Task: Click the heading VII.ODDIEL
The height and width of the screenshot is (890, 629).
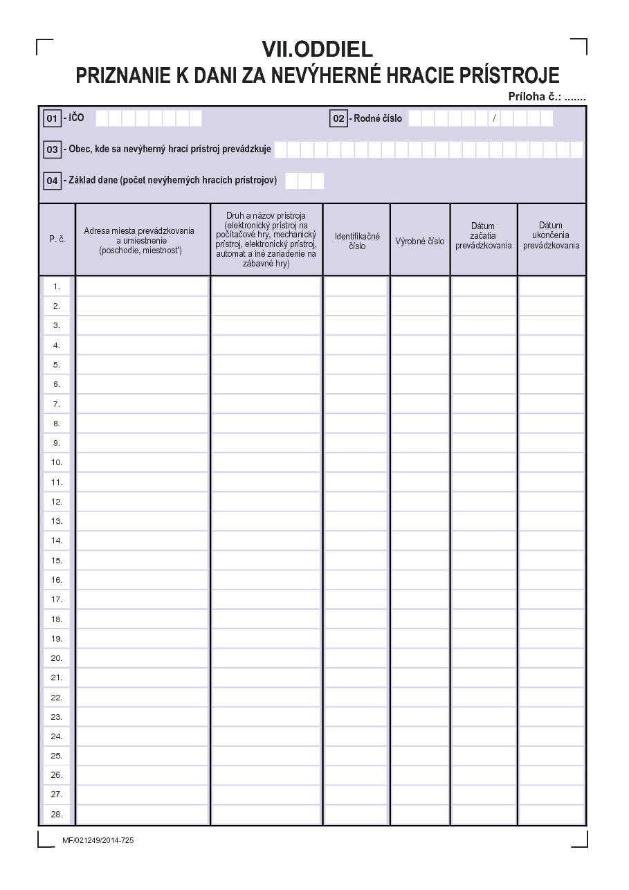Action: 317,48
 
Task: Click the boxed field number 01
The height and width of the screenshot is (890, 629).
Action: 52,118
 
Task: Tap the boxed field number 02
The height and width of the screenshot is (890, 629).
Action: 338,118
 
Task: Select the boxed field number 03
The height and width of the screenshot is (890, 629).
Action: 53,149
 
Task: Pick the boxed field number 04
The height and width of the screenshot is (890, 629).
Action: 53,181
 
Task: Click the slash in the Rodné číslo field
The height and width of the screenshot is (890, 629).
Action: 494,118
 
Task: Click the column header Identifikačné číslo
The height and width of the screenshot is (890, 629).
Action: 357,241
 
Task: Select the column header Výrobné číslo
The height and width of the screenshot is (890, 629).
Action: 420,242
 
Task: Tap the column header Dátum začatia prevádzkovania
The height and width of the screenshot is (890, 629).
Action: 483,235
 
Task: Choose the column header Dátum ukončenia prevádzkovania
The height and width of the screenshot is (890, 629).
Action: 551,235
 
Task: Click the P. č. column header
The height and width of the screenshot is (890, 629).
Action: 57,239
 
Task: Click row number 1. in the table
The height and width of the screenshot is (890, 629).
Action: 57,286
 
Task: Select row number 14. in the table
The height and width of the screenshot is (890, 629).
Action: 57,541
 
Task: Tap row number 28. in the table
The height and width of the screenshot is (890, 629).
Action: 57,814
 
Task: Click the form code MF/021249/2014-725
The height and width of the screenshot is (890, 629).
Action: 98,840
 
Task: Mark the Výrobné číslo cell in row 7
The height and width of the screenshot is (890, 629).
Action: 420,403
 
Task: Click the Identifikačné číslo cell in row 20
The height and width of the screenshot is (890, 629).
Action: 357,658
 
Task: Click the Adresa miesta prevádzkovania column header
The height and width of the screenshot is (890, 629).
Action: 140,240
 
